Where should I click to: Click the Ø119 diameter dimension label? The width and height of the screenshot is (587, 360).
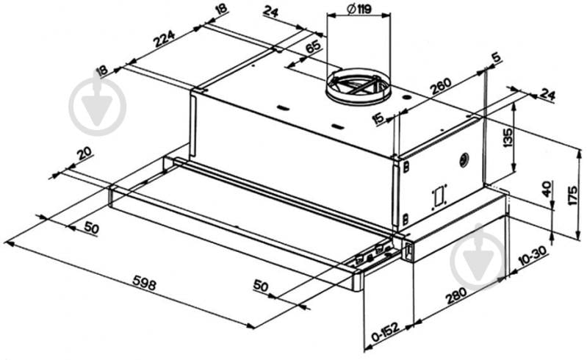point(359,9)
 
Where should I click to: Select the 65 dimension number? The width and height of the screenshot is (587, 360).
point(313,46)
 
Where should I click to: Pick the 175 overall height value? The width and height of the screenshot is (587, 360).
point(572,195)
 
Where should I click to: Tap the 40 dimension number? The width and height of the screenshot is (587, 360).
point(547,190)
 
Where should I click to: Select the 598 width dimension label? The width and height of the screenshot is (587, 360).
point(144,285)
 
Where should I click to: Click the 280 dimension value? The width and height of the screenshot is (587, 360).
point(456,295)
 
